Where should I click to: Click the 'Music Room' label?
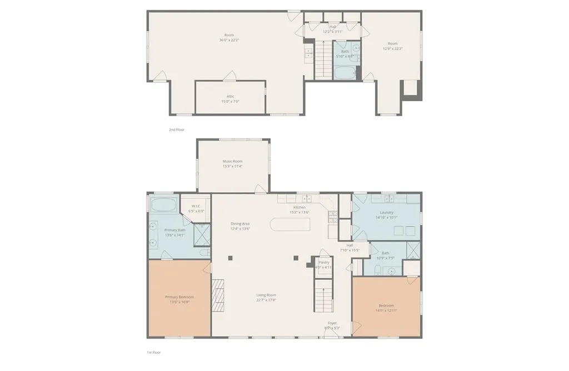(232, 161)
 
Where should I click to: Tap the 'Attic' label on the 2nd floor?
(230, 96)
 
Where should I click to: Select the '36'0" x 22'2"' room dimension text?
(229, 40)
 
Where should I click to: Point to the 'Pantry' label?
(323, 262)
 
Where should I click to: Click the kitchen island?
(290, 225)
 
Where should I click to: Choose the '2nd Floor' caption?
(176, 130)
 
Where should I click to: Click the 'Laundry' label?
(386, 212)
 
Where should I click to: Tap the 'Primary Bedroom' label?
(179, 297)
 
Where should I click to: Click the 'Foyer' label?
(332, 323)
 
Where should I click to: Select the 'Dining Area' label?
(240, 224)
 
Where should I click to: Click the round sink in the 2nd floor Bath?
(356, 48)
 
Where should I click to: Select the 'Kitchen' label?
(300, 207)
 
